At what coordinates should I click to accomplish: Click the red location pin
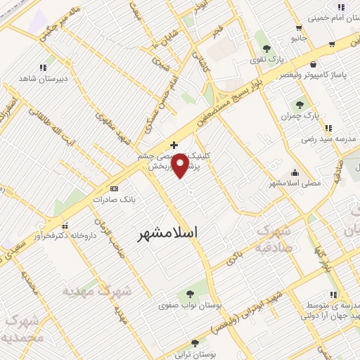point(181,166)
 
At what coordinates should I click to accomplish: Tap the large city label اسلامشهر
point(167,232)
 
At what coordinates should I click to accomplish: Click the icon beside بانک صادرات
point(115,188)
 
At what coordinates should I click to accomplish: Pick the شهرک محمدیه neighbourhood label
point(25,329)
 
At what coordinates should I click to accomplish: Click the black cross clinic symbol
point(174,145)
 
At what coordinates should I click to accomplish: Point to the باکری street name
point(236,259)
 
